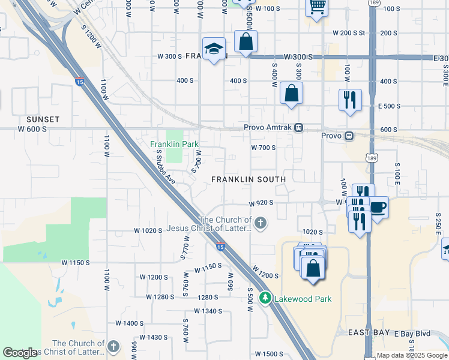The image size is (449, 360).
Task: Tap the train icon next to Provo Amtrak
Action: coord(299,128)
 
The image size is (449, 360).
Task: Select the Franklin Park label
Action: coord(174,144)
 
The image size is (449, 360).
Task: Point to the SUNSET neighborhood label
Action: coord(43,119)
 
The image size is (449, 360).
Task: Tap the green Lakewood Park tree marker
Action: coord(264,298)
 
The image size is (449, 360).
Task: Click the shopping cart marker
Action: coord(316,7)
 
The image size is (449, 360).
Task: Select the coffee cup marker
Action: coord(378,208)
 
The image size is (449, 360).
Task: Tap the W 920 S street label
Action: coord(262,203)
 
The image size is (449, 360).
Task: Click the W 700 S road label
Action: coord(263,147)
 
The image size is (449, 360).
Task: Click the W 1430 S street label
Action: coord(151,337)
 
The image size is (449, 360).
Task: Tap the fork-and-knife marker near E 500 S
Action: coord(350,98)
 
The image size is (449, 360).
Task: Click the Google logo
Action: coord(20,352)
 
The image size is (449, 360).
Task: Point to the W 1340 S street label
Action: coord(208,311)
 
